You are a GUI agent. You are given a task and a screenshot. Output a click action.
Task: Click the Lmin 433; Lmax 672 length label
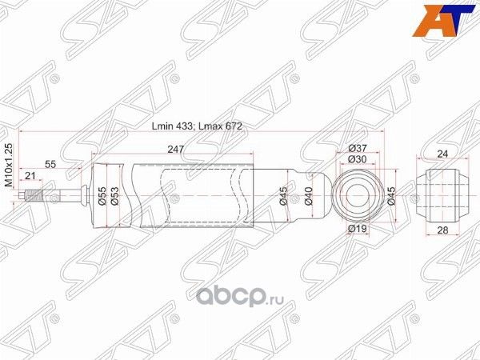(x=197, y=126)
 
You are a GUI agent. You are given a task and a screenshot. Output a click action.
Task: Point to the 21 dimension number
(x=30, y=176)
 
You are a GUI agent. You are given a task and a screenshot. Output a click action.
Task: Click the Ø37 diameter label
(x=358, y=147)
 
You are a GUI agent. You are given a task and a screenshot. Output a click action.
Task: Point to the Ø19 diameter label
(x=357, y=230)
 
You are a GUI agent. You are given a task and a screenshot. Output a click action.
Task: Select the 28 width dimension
(x=442, y=230)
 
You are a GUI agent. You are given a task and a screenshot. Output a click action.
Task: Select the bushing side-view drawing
(x=442, y=192)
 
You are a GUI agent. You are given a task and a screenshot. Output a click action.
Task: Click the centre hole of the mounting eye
(x=358, y=193)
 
